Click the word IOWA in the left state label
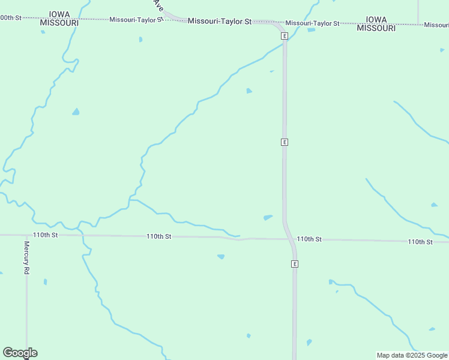pyautogui.click(x=59, y=14)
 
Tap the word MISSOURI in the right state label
pyautogui.click(x=376, y=28)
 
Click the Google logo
pyautogui.click(x=20, y=353)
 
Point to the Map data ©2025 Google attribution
pyautogui.click(x=412, y=355)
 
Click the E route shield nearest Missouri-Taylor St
pyautogui.click(x=285, y=36)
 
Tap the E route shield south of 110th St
pyautogui.click(x=295, y=264)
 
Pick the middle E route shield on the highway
pyautogui.click(x=285, y=142)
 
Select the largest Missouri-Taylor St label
pyautogui.click(x=219, y=21)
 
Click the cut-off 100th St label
pyautogui.click(x=11, y=18)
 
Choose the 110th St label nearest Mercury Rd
pyautogui.click(x=46, y=235)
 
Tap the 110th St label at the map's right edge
pyautogui.click(x=420, y=242)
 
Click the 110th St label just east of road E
pyautogui.click(x=309, y=239)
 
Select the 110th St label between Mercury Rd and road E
pyautogui.click(x=159, y=236)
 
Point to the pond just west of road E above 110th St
pyautogui.click(x=268, y=217)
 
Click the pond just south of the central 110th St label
pyautogui.click(x=221, y=256)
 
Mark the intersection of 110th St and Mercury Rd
pyautogui.click(x=26, y=235)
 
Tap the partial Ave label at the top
pyautogui.click(x=158, y=5)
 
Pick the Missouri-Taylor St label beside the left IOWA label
pyautogui.click(x=136, y=20)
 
